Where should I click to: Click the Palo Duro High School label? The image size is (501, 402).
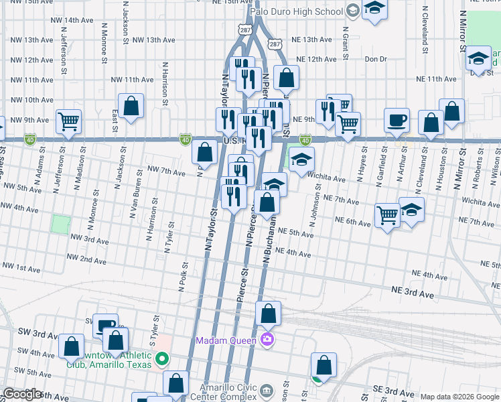[x=295, y=11]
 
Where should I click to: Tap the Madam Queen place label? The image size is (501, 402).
[x=226, y=340]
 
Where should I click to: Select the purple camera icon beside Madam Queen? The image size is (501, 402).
[x=268, y=340]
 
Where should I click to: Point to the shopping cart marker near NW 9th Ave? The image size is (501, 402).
[x=68, y=121]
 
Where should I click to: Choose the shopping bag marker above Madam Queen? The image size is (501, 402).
[x=268, y=313]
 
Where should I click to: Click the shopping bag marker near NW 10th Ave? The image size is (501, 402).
[x=131, y=105]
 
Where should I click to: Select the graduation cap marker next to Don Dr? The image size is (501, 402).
[x=478, y=58]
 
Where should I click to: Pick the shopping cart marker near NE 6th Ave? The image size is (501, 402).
[x=387, y=215]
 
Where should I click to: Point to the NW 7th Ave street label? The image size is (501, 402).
[x=166, y=173]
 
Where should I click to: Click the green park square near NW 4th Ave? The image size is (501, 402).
[x=61, y=224]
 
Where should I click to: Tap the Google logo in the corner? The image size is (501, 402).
[x=23, y=394]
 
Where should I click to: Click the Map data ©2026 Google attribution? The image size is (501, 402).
[x=458, y=397]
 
